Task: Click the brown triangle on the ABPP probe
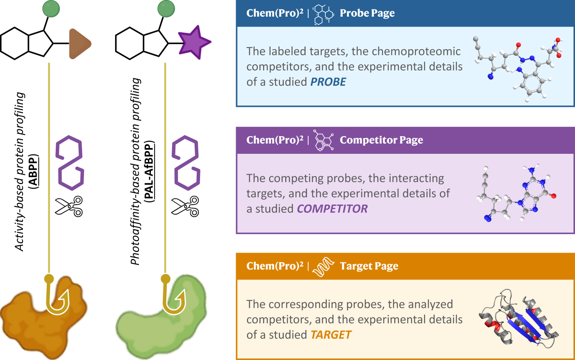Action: [79, 43]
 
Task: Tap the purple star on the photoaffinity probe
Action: [194, 42]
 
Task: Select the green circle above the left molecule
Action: [51, 9]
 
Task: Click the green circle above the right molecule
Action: [166, 9]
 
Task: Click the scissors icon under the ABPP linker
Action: [69, 206]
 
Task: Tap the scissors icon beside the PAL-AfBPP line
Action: [185, 206]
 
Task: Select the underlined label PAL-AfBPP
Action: [149, 171]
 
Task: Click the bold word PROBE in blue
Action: [328, 82]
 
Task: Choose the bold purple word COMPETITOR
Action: [332, 209]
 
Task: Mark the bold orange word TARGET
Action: [331, 335]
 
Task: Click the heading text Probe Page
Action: [367, 13]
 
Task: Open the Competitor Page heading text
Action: [381, 140]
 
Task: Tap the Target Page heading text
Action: [369, 266]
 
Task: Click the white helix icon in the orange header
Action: [323, 267]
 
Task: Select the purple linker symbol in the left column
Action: [70, 163]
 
